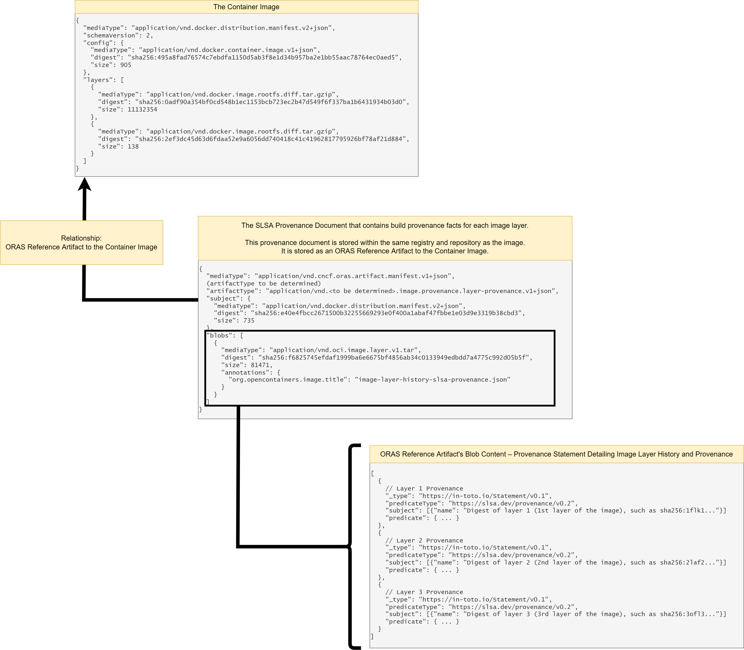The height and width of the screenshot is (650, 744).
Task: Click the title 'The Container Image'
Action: (246, 7)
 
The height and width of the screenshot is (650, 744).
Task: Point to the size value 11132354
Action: (142, 110)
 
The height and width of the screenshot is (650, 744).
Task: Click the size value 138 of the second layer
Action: (133, 147)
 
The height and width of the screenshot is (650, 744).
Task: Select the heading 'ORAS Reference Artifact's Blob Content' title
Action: (556, 454)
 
